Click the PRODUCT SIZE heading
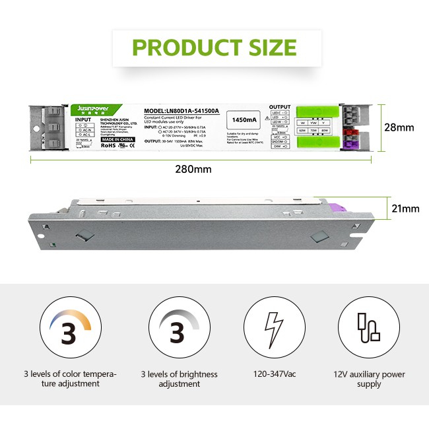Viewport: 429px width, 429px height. click(214, 48)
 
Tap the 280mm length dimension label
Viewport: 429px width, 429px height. click(193, 169)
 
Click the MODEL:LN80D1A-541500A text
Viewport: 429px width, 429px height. click(181, 111)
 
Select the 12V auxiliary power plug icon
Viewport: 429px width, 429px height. click(368, 328)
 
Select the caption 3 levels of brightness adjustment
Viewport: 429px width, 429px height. click(179, 379)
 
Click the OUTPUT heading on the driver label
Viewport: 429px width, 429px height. click(279, 106)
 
